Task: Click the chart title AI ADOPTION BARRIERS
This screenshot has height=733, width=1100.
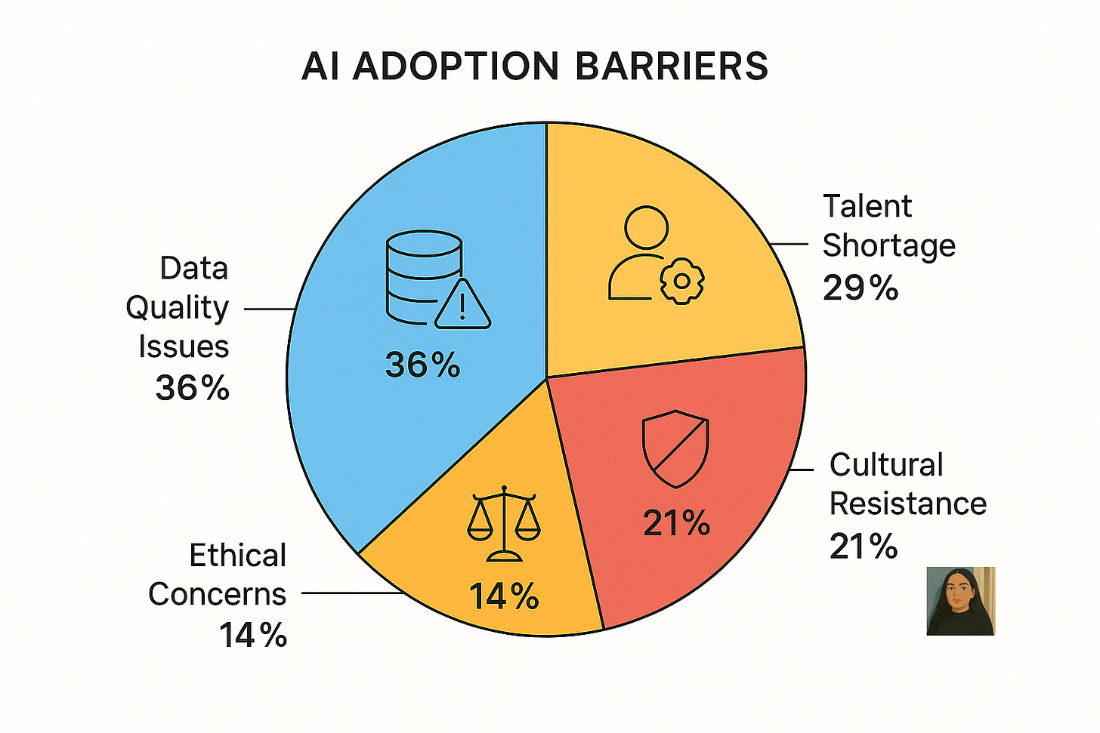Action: pyautogui.click(x=534, y=66)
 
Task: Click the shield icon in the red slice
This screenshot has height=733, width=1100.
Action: pyautogui.click(x=675, y=450)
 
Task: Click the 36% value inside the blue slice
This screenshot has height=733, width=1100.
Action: pyautogui.click(x=422, y=365)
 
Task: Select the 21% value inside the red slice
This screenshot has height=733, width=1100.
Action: pyautogui.click(x=676, y=523)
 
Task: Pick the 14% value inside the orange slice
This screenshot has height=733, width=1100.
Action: pyautogui.click(x=504, y=596)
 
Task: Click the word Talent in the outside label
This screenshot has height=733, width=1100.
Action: pyautogui.click(x=867, y=206)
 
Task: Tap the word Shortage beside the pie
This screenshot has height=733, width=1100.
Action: pyautogui.click(x=888, y=245)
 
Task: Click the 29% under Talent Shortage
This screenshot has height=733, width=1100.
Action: pyautogui.click(x=860, y=288)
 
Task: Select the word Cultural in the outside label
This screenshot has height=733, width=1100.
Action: pyautogui.click(x=886, y=464)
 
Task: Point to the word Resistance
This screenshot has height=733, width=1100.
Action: pyautogui.click(x=907, y=504)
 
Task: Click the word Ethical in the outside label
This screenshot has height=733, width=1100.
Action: pyautogui.click(x=237, y=556)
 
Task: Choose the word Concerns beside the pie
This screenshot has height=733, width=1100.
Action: pyautogui.click(x=218, y=594)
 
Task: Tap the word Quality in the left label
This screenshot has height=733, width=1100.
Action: pyautogui.click(x=177, y=307)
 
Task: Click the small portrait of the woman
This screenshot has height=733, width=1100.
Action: pyautogui.click(x=960, y=601)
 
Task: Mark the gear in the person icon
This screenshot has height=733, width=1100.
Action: pyautogui.click(x=682, y=281)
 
